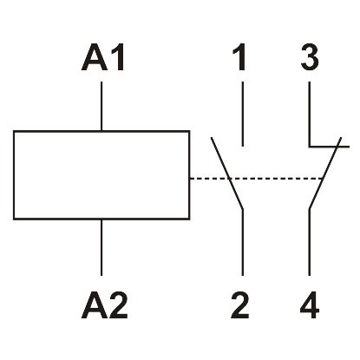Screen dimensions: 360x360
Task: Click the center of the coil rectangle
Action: [102, 176]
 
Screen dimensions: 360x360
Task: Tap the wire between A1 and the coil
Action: [102, 106]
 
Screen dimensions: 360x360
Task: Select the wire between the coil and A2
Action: [102, 247]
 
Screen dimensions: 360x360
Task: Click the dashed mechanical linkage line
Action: [273, 180]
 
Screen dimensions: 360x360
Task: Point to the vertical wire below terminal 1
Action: [242, 113]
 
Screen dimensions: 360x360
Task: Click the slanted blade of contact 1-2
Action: [226, 173]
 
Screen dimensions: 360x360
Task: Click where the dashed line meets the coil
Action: [190, 180]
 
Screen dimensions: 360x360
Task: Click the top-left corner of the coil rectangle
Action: [15, 132]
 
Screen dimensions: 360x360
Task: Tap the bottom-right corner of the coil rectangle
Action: [189, 220]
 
